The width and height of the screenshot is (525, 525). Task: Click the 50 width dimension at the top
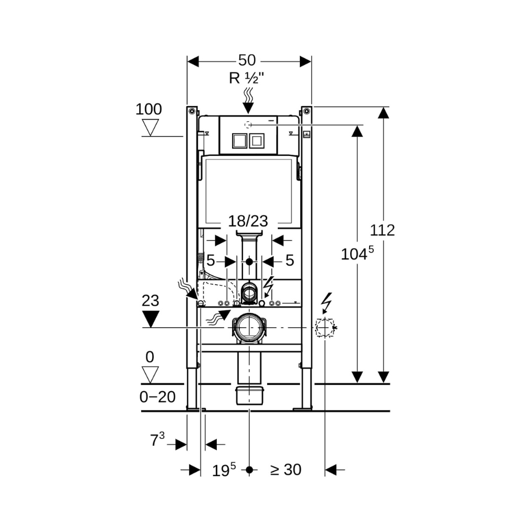click(x=250, y=60)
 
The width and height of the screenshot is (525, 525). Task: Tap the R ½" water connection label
click(x=246, y=78)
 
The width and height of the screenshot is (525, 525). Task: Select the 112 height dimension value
click(x=382, y=230)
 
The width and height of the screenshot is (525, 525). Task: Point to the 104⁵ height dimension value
click(x=357, y=254)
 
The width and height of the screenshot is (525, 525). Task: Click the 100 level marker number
click(x=149, y=110)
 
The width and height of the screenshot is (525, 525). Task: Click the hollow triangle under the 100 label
click(x=151, y=127)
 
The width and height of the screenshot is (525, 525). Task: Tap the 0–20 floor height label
click(x=157, y=397)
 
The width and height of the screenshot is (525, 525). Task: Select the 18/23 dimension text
click(x=248, y=221)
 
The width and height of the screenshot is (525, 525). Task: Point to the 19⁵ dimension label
click(x=224, y=470)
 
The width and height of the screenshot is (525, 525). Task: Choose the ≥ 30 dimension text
click(x=286, y=470)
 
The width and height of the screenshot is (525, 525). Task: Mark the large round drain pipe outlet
click(x=249, y=328)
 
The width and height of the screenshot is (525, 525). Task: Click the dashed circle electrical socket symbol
click(x=324, y=328)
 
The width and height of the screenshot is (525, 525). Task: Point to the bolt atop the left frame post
click(x=192, y=111)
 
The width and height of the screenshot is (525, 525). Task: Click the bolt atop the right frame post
click(x=306, y=111)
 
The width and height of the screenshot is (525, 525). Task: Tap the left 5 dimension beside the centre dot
click(x=211, y=260)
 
